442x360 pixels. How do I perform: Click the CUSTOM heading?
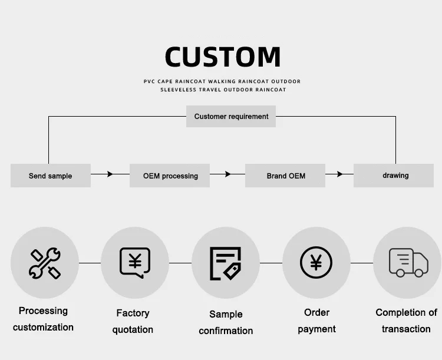click(x=222, y=57)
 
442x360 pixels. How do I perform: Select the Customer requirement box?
click(x=231, y=117)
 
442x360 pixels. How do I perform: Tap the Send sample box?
click(x=51, y=176)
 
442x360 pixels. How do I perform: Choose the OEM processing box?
click(x=170, y=176)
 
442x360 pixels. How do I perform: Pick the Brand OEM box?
click(x=286, y=176)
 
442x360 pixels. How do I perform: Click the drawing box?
click(x=395, y=176)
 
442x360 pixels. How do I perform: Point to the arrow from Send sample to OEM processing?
click(x=110, y=174)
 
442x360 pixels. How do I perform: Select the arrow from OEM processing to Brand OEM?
click(x=227, y=174)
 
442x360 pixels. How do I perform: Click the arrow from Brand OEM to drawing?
click(x=339, y=174)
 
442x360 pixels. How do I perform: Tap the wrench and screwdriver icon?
click(x=45, y=263)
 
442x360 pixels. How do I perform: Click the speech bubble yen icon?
click(x=135, y=263)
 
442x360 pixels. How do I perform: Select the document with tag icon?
click(x=225, y=263)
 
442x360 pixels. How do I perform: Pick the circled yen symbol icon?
click(x=316, y=263)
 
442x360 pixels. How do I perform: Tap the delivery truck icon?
click(x=408, y=263)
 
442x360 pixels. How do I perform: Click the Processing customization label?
click(x=44, y=319)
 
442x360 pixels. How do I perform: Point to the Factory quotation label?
click(x=133, y=321)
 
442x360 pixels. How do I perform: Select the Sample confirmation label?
click(x=226, y=322)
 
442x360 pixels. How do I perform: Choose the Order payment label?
click(x=316, y=321)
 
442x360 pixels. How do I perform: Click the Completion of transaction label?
click(x=406, y=321)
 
